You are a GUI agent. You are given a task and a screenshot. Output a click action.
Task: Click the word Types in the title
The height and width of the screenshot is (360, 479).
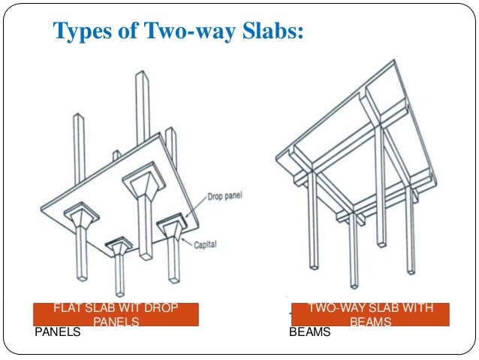point(79,32)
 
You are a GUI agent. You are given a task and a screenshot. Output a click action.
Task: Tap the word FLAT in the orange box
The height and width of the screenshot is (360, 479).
point(65,309)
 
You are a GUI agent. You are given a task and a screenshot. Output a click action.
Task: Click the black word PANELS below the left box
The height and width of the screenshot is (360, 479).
point(58,331)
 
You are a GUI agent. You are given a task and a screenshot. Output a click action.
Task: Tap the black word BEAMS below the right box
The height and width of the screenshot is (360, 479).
point(310,331)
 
